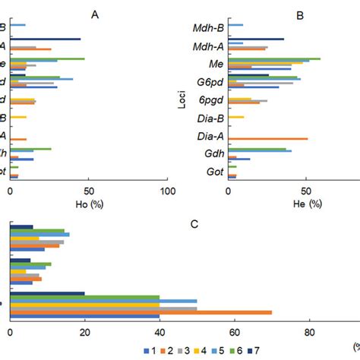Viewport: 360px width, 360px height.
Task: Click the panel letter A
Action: [x=94, y=14]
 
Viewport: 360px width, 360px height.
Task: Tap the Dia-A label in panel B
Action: [x=208, y=138]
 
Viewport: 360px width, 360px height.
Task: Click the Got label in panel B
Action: [x=213, y=172]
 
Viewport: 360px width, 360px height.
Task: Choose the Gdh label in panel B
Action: [x=212, y=155]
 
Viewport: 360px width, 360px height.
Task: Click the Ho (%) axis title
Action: [x=87, y=204]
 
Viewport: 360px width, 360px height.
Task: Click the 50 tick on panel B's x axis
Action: [x=306, y=191]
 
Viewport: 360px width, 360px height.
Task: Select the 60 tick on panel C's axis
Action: [x=234, y=331]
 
